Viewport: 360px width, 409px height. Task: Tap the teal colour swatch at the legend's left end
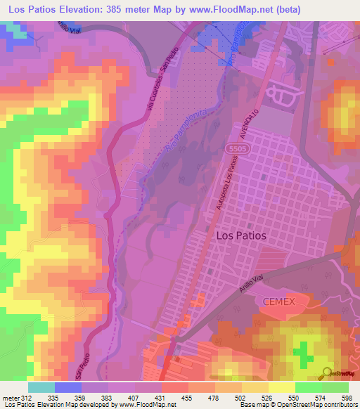point(41,387)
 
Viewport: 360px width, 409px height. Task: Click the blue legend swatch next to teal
point(67,387)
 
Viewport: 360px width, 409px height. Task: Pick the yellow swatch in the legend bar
point(281,387)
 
